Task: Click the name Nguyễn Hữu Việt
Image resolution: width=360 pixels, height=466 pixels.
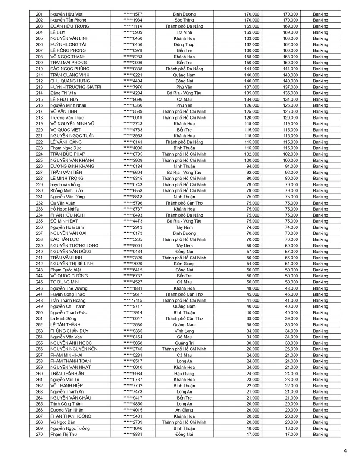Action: (x=66, y=14)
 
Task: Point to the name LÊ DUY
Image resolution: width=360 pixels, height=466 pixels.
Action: (x=58, y=32)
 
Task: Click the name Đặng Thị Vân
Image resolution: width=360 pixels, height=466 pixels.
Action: (x=64, y=93)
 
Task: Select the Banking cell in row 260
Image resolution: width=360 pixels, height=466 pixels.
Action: (x=320, y=373)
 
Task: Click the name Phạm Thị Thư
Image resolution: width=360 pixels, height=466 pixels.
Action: (x=63, y=435)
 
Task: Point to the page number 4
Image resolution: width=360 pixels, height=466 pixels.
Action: (x=345, y=451)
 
